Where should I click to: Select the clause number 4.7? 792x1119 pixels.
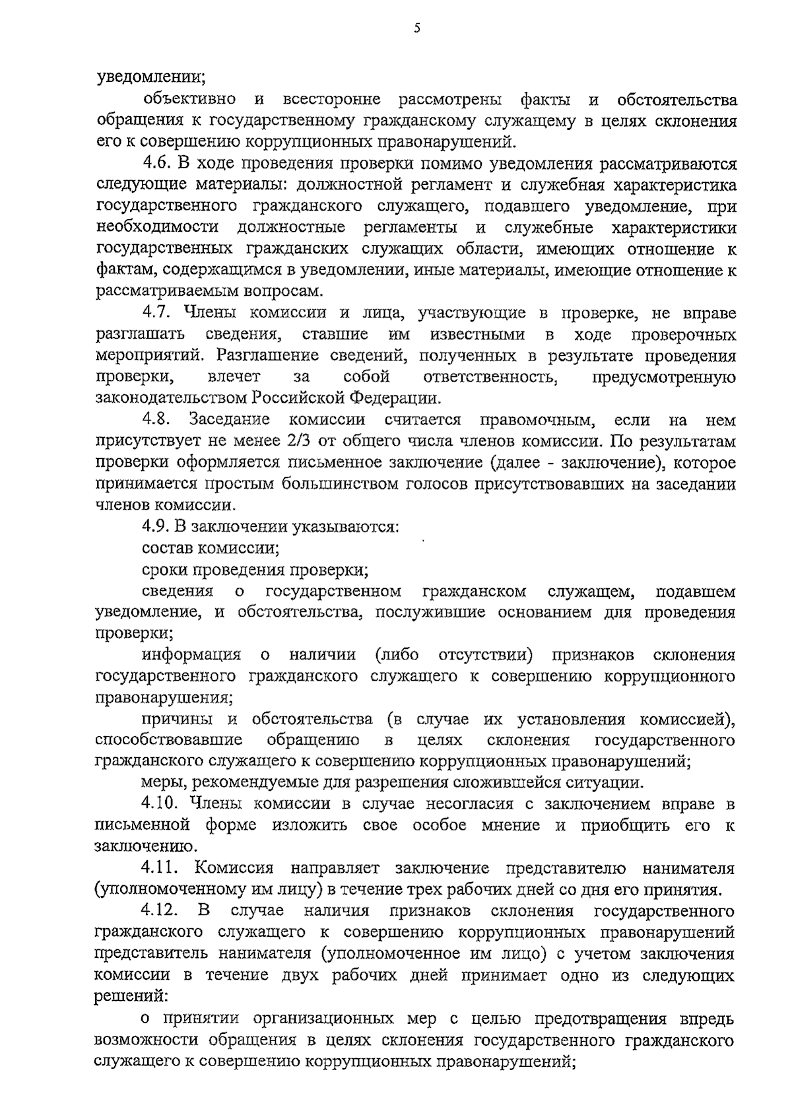point(156,313)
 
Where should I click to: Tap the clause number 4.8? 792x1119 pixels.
point(156,420)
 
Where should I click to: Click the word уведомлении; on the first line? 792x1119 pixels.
point(150,78)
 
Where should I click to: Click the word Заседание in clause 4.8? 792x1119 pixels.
point(229,420)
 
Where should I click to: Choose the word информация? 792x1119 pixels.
point(191,655)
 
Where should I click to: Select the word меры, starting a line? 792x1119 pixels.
point(162,783)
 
